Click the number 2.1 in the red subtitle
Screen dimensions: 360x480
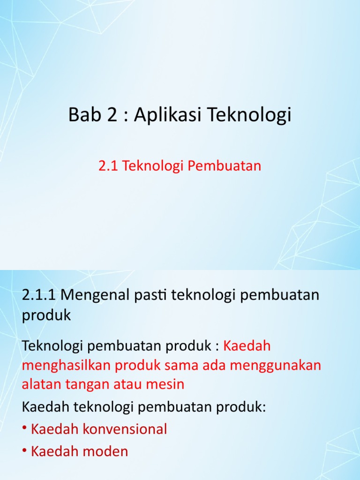pyautogui.click(x=108, y=166)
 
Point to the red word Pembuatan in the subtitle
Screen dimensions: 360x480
pyautogui.click(x=224, y=166)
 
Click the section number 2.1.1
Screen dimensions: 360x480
pyautogui.click(x=39, y=295)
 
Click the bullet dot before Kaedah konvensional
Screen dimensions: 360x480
pyautogui.click(x=24, y=427)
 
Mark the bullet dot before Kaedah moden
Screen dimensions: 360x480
pyautogui.click(x=24, y=450)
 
